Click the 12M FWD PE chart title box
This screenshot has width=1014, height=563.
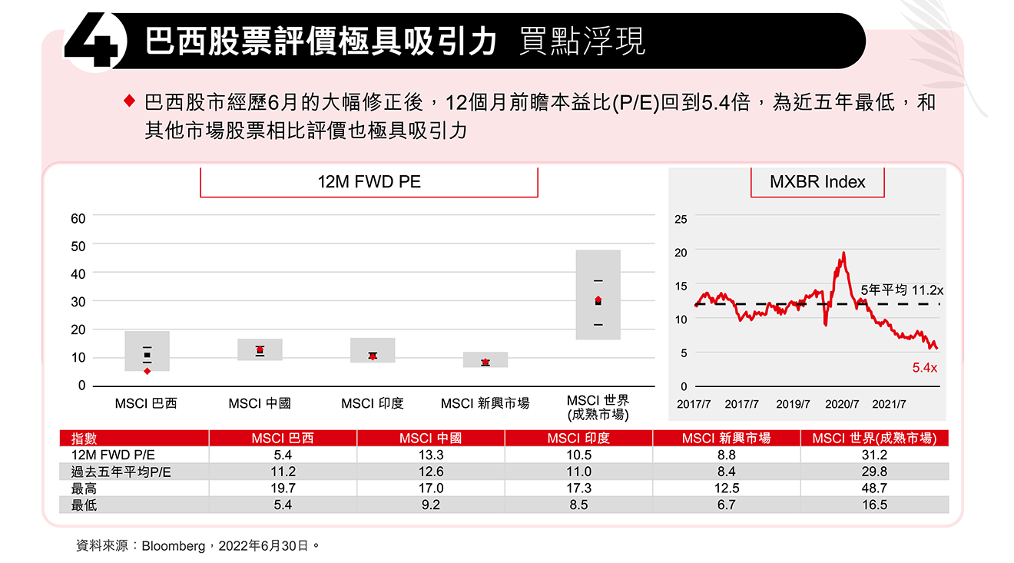[x=369, y=182]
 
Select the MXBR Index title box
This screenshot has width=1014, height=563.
[x=817, y=182]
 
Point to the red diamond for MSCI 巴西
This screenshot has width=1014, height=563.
[x=147, y=371]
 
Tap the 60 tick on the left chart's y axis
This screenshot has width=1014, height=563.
[x=78, y=218]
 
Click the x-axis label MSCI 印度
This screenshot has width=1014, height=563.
[x=372, y=403]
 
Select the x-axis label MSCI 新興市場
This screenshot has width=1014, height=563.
[x=485, y=403]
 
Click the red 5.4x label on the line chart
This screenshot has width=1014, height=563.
[x=924, y=368]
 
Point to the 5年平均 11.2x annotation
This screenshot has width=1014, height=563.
[x=901, y=290]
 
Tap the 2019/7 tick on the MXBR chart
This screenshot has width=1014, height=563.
[x=793, y=404]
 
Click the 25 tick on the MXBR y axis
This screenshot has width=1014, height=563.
[x=681, y=220]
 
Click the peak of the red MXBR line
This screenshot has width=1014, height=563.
[x=843, y=253]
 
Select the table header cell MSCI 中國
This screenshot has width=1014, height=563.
[x=430, y=439]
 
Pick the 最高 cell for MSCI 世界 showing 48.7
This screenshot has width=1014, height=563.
[x=874, y=488]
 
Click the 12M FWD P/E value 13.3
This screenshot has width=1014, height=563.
[x=430, y=455]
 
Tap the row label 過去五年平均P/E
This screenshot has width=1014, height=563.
[x=121, y=472]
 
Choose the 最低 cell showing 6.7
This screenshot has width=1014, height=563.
[x=726, y=505]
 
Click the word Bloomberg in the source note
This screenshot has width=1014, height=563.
[x=174, y=546]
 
